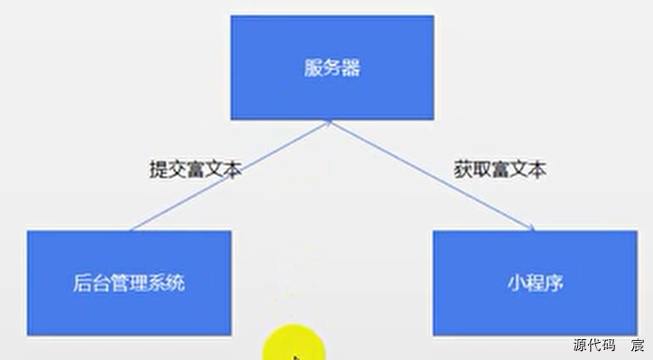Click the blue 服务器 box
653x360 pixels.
pyautogui.click(x=332, y=68)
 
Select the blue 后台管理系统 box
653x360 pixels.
pyautogui.click(x=128, y=282)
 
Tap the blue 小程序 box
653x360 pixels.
pyautogui.click(x=535, y=282)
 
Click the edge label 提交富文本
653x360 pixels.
pyautogui.click(x=196, y=169)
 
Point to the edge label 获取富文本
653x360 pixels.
pyautogui.click(x=500, y=169)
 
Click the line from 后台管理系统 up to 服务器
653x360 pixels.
pyautogui.click(x=225, y=176)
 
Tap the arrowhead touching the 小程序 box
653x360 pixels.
pyautogui.click(x=530, y=228)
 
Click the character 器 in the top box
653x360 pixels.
pyautogui.click(x=351, y=69)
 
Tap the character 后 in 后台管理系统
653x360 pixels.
pyautogui.click(x=79, y=282)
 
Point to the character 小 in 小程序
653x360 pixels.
pyautogui.click(x=515, y=282)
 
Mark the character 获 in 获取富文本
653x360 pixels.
pyautogui.click(x=462, y=169)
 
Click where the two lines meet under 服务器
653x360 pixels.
pyautogui.click(x=332, y=121)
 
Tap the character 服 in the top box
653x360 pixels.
pyautogui.click(x=312, y=69)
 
